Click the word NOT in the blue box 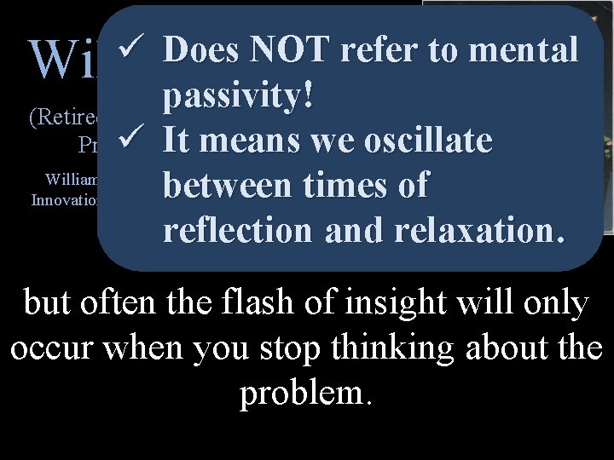(287, 51)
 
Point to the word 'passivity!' (239, 96)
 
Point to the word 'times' (350, 185)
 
